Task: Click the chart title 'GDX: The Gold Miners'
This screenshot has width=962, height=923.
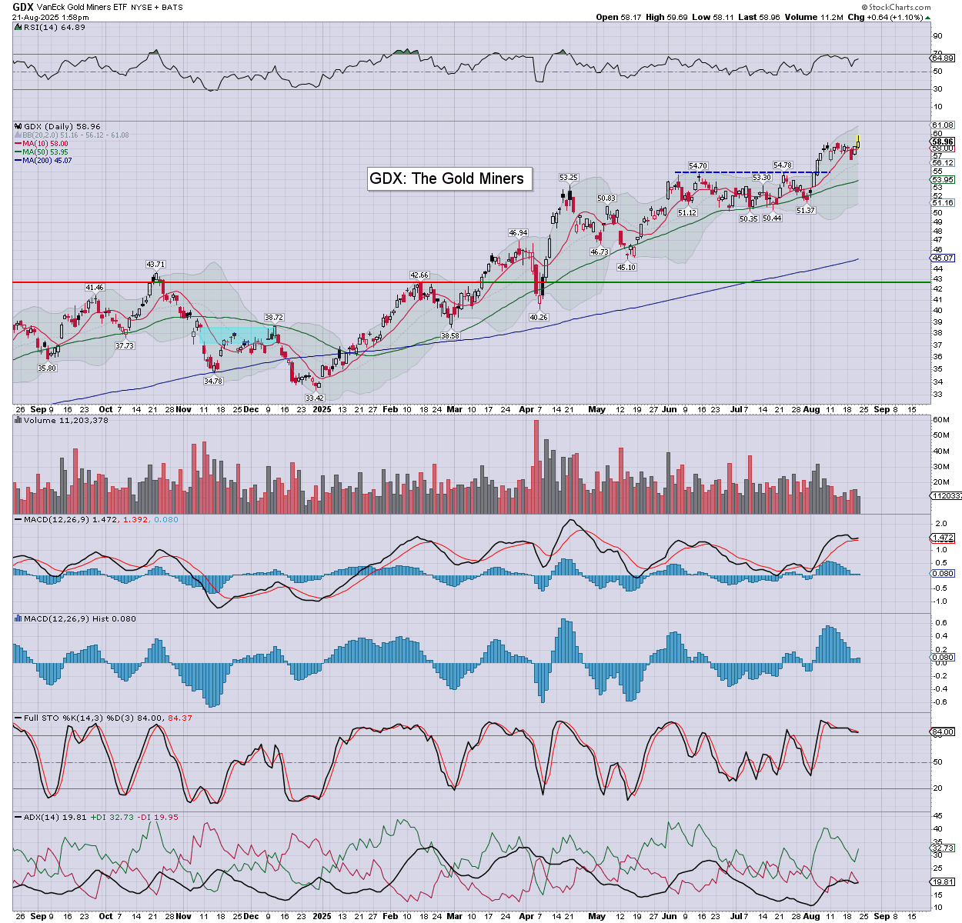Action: (446, 178)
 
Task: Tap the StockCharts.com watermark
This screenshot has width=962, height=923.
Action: (901, 8)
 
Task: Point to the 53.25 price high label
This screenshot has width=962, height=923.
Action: (568, 178)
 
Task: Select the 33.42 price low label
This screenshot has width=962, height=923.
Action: (315, 398)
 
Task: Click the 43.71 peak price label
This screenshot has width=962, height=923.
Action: (155, 265)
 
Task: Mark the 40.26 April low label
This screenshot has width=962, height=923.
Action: (538, 317)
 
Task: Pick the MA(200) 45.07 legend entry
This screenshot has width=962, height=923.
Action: (47, 160)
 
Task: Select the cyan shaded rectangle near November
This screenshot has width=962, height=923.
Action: (235, 335)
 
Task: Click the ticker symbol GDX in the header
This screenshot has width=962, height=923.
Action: (22, 7)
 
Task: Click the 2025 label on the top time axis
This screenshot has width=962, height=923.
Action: (322, 409)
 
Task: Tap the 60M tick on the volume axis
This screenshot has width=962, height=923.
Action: (940, 420)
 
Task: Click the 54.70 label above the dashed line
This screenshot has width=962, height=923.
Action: (697, 166)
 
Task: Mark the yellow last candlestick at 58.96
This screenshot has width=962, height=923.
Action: (858, 142)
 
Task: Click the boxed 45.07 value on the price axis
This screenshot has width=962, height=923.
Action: (943, 258)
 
